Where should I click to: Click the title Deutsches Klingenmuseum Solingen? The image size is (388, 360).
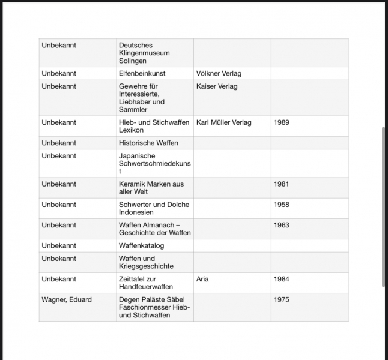[x=144, y=53]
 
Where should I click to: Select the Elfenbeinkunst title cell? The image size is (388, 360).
[x=142, y=73]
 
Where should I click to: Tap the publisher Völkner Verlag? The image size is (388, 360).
[x=219, y=73]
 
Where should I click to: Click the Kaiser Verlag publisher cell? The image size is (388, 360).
[x=217, y=86]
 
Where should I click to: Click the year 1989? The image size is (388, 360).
[x=281, y=122]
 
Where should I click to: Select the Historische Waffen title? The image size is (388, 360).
[x=148, y=143]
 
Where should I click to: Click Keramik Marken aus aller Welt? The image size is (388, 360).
[x=151, y=188]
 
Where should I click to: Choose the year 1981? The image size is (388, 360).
[x=281, y=184]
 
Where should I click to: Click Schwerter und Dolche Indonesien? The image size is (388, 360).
[x=154, y=208]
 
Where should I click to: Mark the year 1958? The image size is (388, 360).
[x=281, y=205]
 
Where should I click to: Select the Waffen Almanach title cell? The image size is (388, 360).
[x=154, y=229]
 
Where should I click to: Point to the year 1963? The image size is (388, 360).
[x=281, y=225]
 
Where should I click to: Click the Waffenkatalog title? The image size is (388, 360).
[x=141, y=245]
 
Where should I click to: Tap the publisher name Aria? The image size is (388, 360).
[x=202, y=279]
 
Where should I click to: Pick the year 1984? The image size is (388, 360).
[x=281, y=279]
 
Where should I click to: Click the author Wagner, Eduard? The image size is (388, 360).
[x=67, y=299]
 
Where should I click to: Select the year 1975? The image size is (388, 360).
[x=281, y=299]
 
